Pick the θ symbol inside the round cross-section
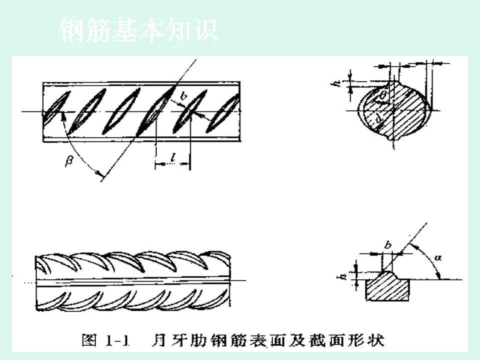point(383,94)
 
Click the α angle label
point(439,258)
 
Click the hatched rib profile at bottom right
point(388,287)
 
